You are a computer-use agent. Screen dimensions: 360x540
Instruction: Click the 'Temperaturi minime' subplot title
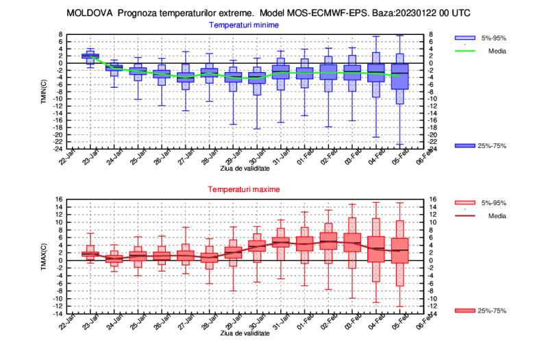[245, 25]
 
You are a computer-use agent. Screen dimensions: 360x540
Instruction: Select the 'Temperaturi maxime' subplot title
[245, 189]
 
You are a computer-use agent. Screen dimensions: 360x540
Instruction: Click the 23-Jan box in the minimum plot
[90, 56]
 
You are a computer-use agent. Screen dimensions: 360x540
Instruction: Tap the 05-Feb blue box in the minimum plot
[400, 76]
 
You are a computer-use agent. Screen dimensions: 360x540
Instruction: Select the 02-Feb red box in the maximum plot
[329, 242]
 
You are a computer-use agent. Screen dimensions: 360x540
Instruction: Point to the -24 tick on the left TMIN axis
[60, 149]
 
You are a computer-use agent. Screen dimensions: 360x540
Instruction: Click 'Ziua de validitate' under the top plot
[245, 168]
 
